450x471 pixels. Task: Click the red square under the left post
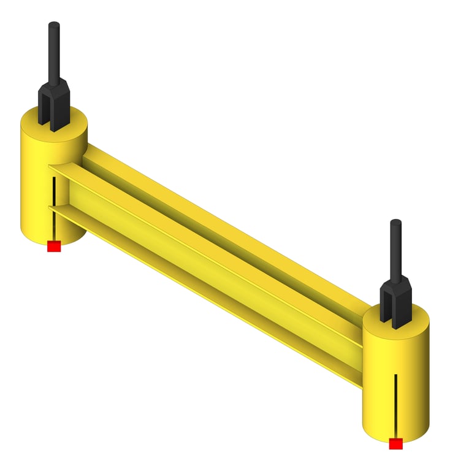[54, 247]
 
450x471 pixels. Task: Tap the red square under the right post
[395, 443]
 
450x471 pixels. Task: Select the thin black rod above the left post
[55, 55]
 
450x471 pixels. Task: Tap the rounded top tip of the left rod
[55, 25]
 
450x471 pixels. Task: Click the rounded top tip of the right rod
[396, 222]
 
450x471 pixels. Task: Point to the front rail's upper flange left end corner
[51, 166]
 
